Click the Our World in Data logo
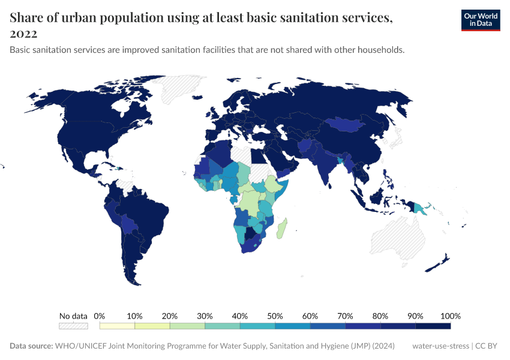(x=480, y=20)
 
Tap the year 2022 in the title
(x=23, y=34)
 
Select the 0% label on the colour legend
(x=100, y=316)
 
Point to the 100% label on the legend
(x=450, y=316)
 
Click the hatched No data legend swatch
(x=73, y=326)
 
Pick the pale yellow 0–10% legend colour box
(x=117, y=326)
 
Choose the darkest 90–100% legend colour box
(x=433, y=326)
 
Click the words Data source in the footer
(x=31, y=346)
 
